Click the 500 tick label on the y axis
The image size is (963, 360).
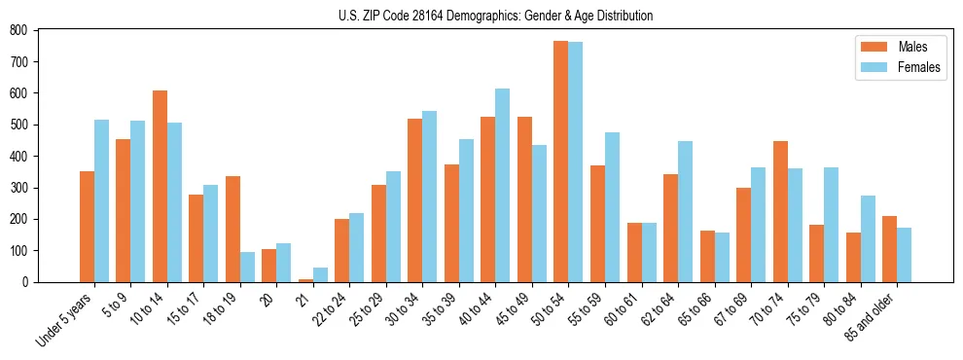coord(18,125)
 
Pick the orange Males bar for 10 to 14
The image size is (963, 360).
coord(160,186)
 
